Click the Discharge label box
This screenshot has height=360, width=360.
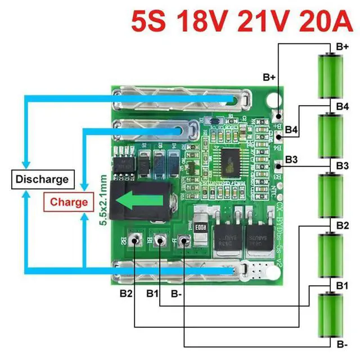[x=42, y=179]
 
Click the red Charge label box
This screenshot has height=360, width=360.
[x=69, y=201]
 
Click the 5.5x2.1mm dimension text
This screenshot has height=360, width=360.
[x=103, y=200]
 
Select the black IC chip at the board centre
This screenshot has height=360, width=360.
[x=231, y=160]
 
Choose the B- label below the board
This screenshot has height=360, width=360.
[x=176, y=292]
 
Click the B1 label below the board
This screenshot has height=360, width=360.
[x=152, y=292]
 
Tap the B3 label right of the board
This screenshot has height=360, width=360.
[x=291, y=160]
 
